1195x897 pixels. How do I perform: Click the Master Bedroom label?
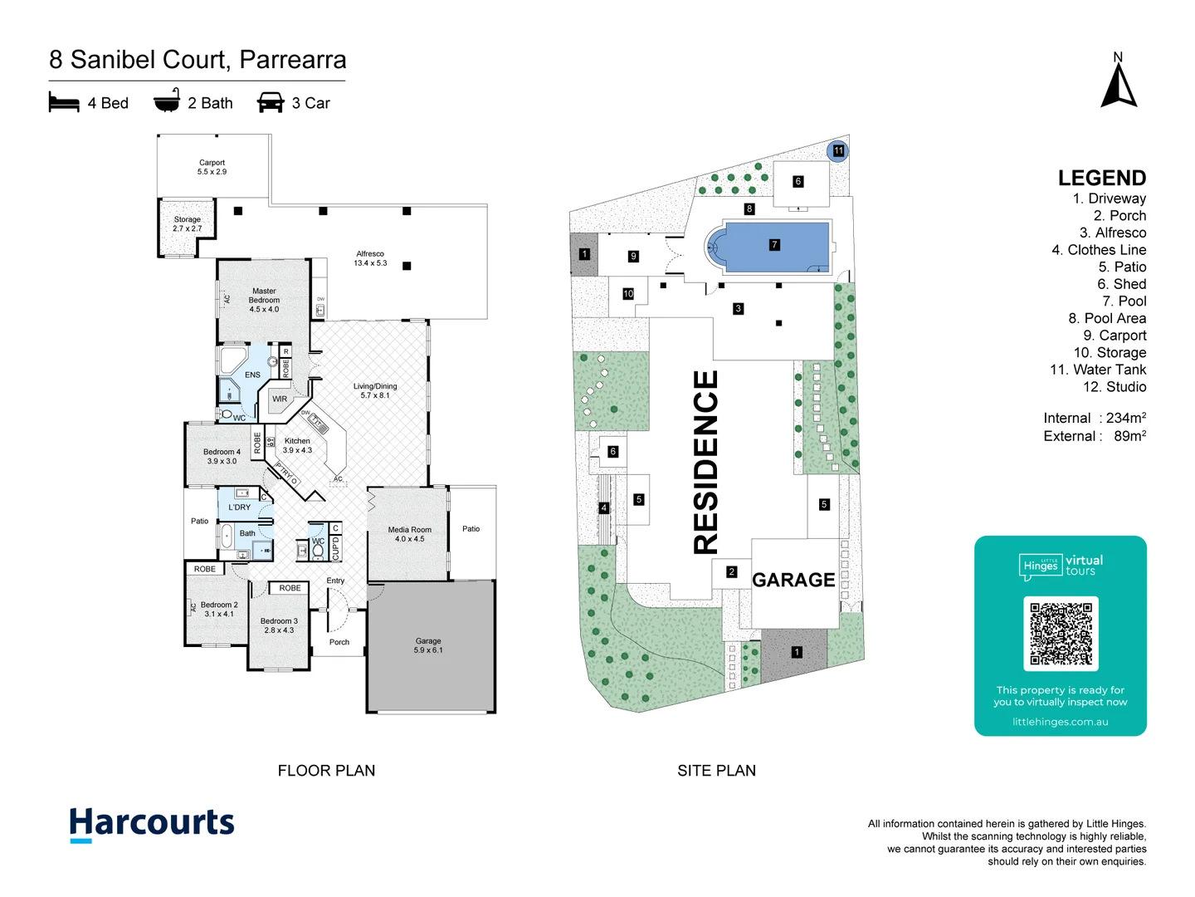click(264, 300)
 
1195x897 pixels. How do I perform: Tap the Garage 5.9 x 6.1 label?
click(428, 645)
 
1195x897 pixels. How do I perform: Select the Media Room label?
click(410, 534)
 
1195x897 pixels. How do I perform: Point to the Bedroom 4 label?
click(222, 456)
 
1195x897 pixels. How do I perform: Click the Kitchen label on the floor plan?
click(297, 445)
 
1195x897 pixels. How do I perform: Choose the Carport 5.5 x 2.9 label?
click(212, 167)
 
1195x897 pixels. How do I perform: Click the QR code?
click(1061, 634)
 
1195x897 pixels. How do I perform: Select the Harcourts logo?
click(152, 824)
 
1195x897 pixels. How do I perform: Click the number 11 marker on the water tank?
click(838, 151)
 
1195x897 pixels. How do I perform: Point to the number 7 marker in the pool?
click(774, 245)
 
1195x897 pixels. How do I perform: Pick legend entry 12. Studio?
click(1115, 387)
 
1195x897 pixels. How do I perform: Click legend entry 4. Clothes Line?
click(1099, 250)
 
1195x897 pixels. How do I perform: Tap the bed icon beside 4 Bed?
click(64, 103)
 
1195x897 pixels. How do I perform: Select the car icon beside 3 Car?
click(271, 103)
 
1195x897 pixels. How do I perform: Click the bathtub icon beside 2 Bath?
click(167, 101)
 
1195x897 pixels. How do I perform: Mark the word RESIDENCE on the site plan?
click(705, 462)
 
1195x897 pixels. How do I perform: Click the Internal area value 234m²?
click(1126, 418)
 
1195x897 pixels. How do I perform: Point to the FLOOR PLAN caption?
click(326, 771)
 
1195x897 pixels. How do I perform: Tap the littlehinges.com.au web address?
click(1060, 722)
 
